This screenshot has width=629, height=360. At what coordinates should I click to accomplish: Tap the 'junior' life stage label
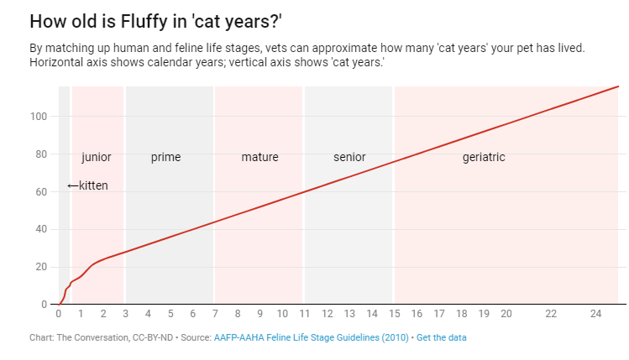[97, 157]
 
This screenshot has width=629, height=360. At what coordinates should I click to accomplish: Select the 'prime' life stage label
[165, 157]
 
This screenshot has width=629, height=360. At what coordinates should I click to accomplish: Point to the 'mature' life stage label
[259, 157]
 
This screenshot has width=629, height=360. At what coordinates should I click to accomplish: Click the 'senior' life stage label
[349, 157]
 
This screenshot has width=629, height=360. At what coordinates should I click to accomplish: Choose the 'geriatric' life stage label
[484, 157]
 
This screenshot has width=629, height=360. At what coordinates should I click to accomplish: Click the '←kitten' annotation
[87, 185]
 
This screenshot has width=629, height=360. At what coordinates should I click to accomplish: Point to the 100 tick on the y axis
[37, 117]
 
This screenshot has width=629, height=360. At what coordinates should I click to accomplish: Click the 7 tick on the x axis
[215, 314]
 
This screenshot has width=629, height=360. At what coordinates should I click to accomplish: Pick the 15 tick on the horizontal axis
[394, 314]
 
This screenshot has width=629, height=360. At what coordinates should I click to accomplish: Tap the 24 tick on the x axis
[595, 314]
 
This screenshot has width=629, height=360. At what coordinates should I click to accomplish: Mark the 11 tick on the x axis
[304, 314]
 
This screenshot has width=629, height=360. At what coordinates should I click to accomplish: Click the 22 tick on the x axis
[551, 314]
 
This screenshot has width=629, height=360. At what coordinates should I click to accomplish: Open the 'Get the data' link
[442, 337]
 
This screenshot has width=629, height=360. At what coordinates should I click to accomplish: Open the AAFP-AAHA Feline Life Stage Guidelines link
[311, 337]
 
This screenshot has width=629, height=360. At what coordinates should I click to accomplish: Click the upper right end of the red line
[617, 86]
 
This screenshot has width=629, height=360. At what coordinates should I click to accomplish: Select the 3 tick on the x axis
[125, 314]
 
